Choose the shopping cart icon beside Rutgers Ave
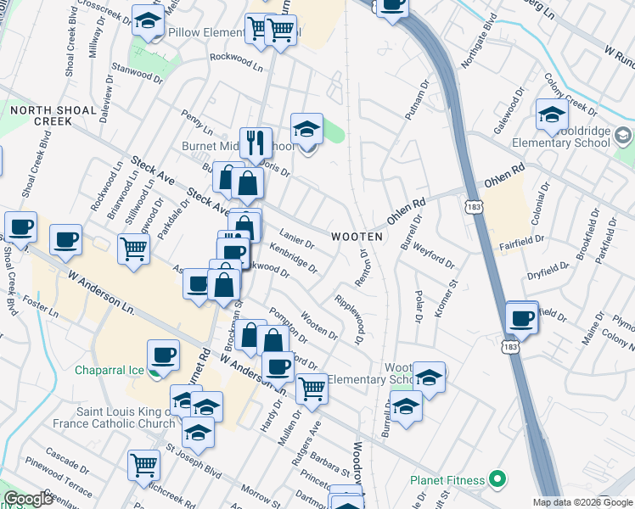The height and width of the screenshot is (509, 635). coord(312,389)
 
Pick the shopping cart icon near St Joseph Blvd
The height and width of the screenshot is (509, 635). coord(143,465)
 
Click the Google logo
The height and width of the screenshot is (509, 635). coord(28,500)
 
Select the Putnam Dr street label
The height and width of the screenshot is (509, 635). coord(419,102)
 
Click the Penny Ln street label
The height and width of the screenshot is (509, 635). coord(197,122)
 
